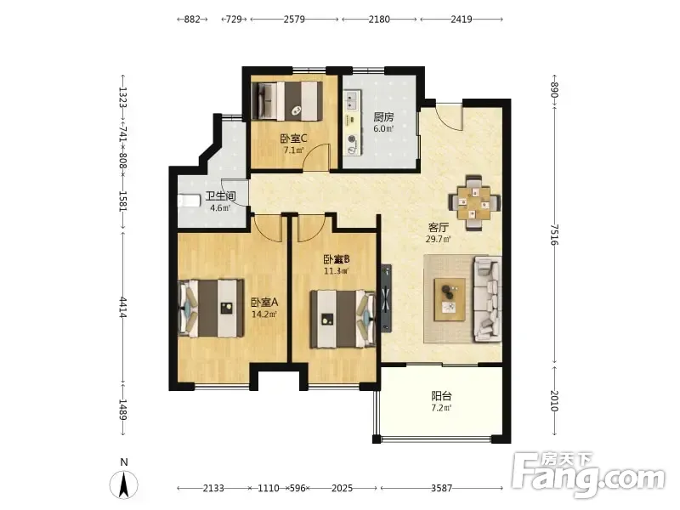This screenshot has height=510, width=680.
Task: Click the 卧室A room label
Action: [264, 302]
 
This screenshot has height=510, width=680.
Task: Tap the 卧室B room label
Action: [337, 259]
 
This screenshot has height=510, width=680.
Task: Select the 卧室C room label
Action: [293, 139]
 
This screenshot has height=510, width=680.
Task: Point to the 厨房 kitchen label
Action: [384, 117]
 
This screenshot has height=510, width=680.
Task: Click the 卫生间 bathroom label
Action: [220, 196]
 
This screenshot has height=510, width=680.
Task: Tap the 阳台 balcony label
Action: [441, 396]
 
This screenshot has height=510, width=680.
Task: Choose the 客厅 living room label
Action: [439, 227]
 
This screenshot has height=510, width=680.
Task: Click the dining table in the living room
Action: [474, 202]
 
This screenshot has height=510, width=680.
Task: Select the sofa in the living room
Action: [487, 298]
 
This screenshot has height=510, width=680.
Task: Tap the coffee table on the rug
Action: [450, 299]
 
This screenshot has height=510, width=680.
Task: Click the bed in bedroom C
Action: [287, 100]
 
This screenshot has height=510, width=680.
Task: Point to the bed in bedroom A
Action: [211, 309]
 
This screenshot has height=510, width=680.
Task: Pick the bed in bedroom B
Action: [343, 320]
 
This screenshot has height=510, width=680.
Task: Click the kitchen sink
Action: [351, 100]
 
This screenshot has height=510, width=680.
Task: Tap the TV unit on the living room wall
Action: [386, 298]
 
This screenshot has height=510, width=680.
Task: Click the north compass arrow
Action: [124, 484]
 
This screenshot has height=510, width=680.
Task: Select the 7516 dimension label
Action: [555, 235]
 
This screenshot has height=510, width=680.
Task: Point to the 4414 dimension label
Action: [123, 307]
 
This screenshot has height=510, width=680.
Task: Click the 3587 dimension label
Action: [441, 488]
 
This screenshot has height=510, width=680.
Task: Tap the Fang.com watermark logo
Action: [588, 475]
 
